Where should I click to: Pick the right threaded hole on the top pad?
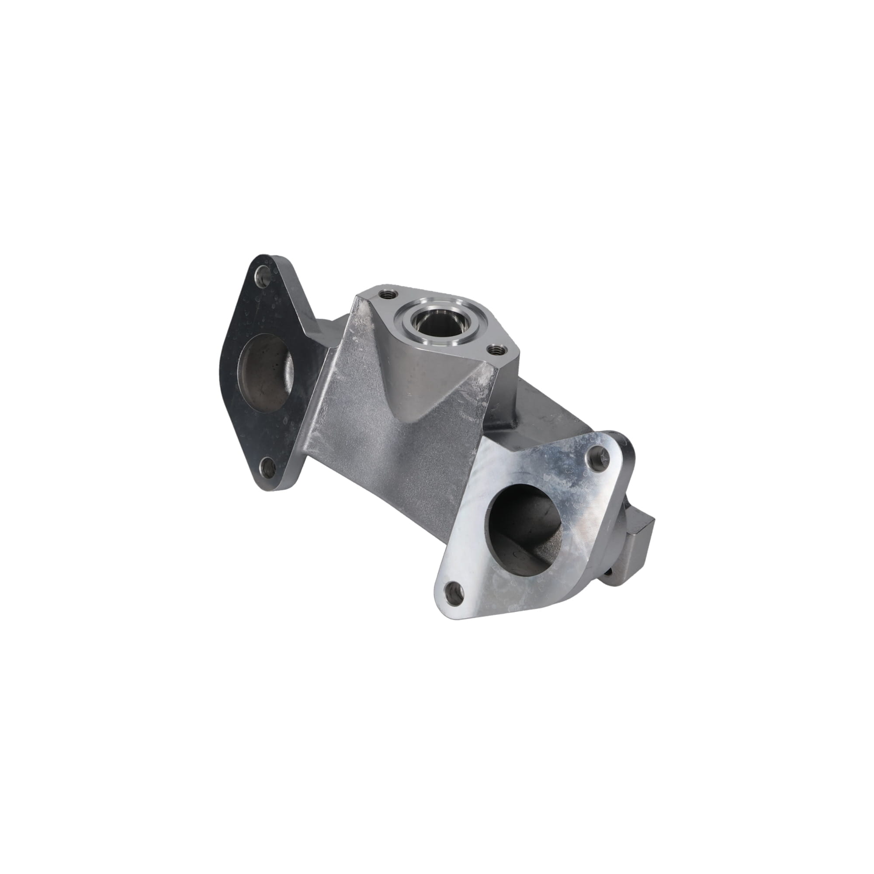point(496,350)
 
